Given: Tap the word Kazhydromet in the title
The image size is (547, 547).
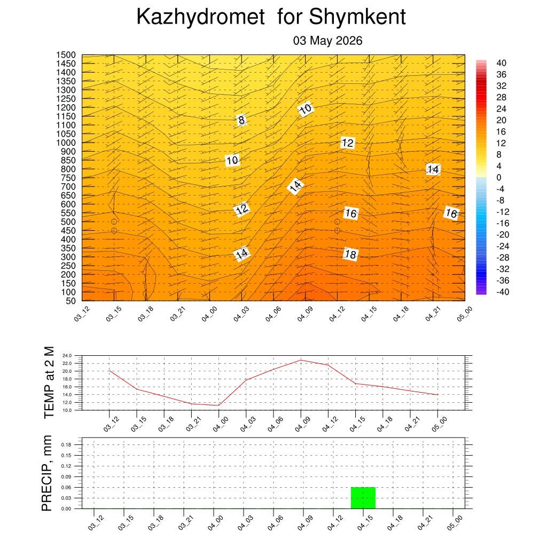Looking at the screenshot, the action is [201, 17].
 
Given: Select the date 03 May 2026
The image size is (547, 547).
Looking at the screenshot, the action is [327, 41].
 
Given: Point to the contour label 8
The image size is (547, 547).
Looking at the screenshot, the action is [241, 120].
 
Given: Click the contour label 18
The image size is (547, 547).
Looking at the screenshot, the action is [350, 254].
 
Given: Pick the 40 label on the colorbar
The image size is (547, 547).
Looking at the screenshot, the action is [501, 63].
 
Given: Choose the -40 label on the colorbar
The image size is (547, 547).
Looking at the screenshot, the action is [503, 292].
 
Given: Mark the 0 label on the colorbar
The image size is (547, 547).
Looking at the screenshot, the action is [499, 177].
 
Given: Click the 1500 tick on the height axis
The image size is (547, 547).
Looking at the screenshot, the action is [66, 55].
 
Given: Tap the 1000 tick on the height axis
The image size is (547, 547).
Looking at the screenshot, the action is [66, 143].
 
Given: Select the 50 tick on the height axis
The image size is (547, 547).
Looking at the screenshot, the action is [71, 301].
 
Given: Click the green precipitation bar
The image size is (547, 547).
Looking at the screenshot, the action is [363, 498].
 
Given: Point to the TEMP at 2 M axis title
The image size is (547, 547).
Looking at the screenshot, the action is [49, 382].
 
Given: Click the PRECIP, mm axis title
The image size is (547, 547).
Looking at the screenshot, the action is [46, 473].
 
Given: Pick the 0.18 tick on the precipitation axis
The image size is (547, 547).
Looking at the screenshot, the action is [66, 445].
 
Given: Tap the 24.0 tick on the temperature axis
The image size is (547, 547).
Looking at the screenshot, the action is [67, 356].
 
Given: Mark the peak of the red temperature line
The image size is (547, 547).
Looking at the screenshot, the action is [301, 360].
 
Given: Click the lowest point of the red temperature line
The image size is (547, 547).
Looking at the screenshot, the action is [218, 405].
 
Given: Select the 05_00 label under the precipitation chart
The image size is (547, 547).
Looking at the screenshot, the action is [455, 523].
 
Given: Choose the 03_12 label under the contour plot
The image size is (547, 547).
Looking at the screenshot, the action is [82, 314].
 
